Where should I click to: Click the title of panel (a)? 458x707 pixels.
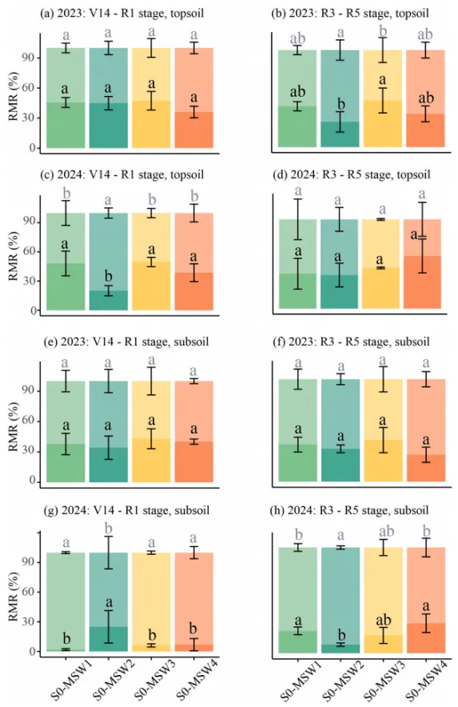(122, 13)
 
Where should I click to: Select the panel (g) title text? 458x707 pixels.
(126, 510)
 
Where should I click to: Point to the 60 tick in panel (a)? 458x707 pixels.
(29, 87)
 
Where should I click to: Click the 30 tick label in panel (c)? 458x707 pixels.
(29, 281)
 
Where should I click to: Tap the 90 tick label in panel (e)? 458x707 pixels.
(29, 390)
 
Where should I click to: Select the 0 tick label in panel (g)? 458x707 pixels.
(31, 652)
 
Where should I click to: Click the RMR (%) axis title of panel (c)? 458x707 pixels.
(14, 256)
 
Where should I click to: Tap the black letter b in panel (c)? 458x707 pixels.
(108, 276)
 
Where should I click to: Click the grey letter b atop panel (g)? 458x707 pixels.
(108, 528)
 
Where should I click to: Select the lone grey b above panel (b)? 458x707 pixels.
(383, 30)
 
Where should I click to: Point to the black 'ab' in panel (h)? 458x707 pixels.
(384, 621)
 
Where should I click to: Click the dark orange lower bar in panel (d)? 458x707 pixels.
(422, 282)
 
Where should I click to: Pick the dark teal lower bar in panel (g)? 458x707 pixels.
(108, 639)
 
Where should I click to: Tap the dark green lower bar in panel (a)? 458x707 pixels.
(66, 126)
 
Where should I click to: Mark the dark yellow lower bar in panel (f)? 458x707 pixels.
(383, 461)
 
